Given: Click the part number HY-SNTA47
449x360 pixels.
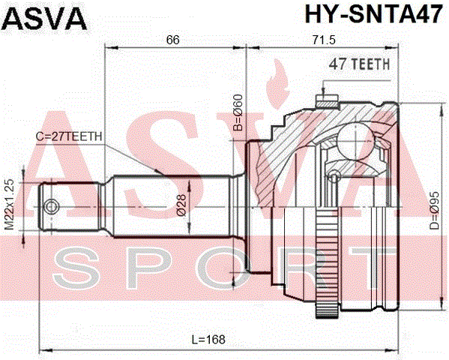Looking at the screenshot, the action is coord(374,14).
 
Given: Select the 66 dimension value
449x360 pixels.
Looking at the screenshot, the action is coord(172,40).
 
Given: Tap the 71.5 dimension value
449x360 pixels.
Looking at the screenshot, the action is coord(324,40).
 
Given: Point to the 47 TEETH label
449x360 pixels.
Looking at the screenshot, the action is coord(359,64).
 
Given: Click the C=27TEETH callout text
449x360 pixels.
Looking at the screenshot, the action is coord(69,136).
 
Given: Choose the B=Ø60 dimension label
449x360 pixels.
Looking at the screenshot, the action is coord(238,112).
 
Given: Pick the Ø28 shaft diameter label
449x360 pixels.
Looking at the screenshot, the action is coord(181,205).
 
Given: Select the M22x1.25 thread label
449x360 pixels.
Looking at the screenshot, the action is coord(10,204).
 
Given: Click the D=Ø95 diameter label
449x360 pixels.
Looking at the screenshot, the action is coord(434,211).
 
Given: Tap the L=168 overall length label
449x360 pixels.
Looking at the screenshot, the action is coord(208,340).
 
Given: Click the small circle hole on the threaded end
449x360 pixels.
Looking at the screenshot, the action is coord(52,207).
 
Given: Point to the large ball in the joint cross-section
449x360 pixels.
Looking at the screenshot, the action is coord(355,141).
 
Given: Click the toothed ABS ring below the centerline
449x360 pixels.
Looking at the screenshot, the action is coord(328,262).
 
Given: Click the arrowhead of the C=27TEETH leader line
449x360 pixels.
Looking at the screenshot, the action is coord(157,172).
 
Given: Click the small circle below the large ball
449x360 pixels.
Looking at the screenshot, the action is coord(333,175).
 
